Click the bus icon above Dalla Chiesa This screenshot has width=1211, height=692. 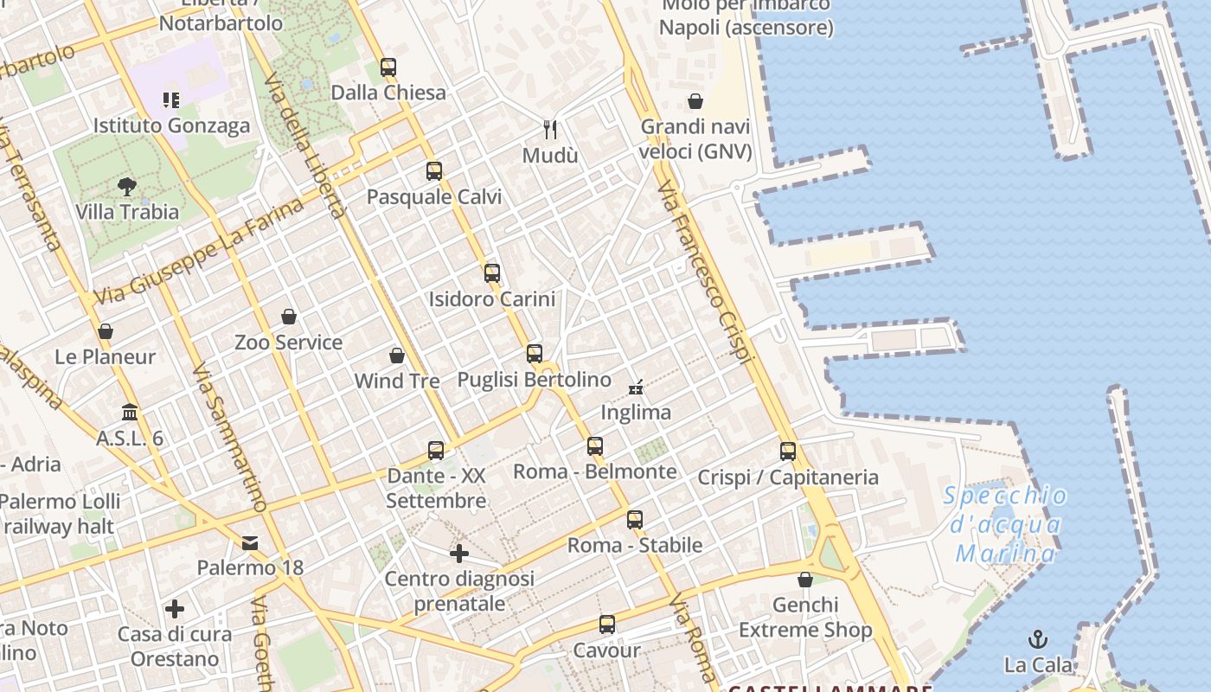coord(388,67)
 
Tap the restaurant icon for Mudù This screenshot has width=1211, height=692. coord(550,130)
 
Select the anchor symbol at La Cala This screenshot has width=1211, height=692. coord(1037,639)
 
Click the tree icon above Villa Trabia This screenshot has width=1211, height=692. coord(127,186)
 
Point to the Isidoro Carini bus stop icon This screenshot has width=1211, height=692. coord(492,273)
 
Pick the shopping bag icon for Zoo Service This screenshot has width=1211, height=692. coord(289,317)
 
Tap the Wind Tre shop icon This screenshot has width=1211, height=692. coord(397,356)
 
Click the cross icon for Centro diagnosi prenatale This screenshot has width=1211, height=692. coord(459,554)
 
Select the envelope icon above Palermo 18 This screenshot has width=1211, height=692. coord(250,543)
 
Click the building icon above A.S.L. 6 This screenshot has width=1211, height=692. coord(130,412)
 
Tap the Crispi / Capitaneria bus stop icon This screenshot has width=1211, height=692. coord(788,451)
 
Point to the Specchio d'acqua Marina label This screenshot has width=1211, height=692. coord(1005,524)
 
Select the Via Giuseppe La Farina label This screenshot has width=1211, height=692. coord(199,251)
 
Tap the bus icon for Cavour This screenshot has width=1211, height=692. coord(607,625)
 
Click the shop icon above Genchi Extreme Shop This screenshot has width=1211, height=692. coord(805,580)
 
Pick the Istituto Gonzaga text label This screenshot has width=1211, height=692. coord(171,125)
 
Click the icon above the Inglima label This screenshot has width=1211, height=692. coord(636,387)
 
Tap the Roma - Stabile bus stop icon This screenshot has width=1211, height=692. coord(635,519)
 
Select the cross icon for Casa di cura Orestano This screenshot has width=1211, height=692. coord(175,609)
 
